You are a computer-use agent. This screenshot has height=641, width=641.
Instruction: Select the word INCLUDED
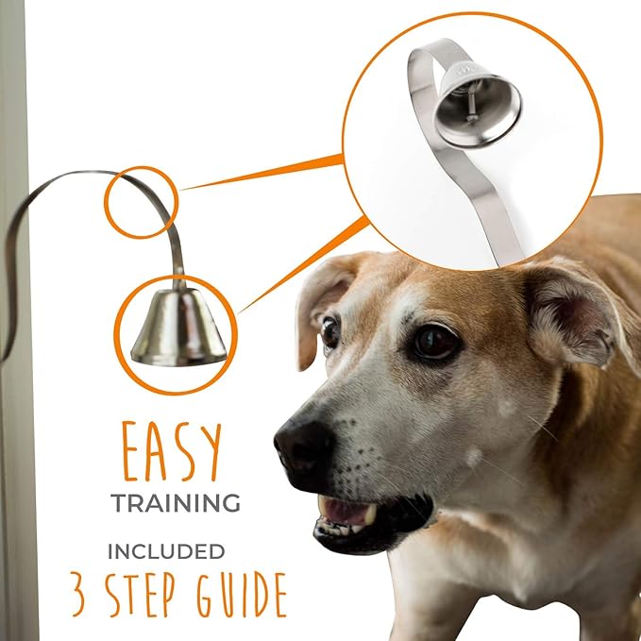point(166,551)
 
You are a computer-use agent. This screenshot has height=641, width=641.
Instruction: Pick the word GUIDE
point(242,593)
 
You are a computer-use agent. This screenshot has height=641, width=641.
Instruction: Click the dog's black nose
point(304,443)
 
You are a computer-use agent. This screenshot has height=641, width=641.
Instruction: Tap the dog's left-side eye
point(330,331)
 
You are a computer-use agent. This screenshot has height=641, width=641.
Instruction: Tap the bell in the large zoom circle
point(477,104)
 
